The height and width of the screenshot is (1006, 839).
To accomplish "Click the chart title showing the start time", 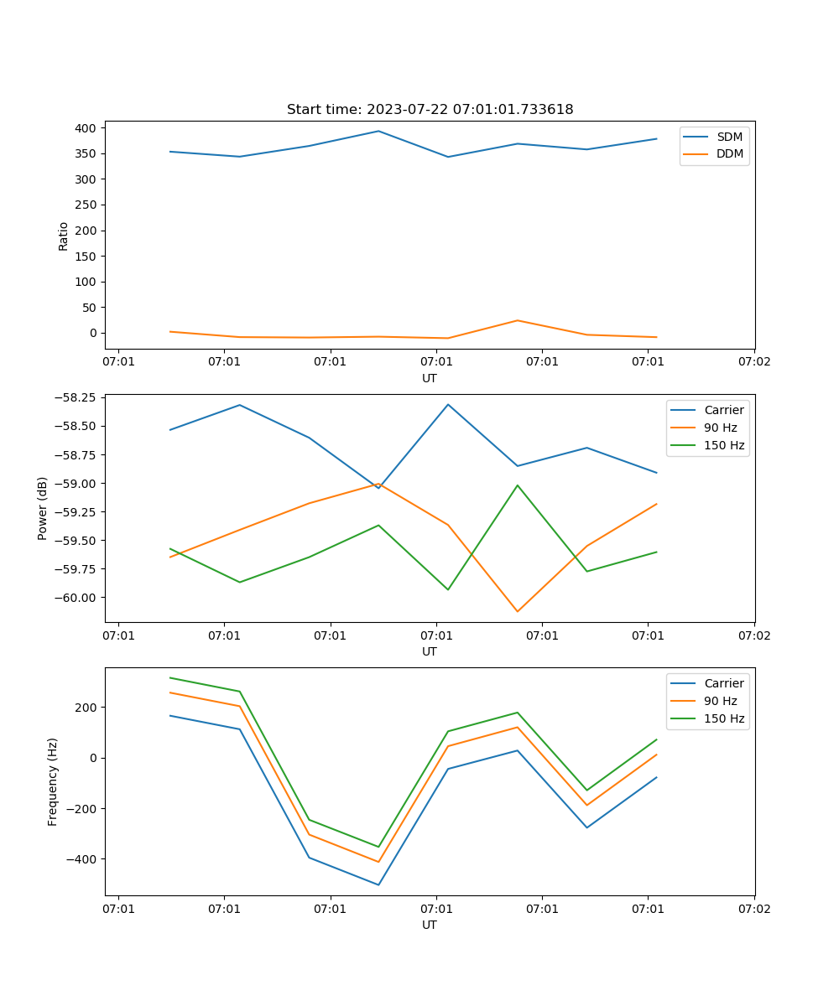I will [430, 110].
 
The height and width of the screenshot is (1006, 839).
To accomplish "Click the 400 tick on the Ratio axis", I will [86, 128].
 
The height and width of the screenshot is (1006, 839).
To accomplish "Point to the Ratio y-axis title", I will [64, 236].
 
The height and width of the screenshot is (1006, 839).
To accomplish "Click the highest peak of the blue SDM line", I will [378, 131].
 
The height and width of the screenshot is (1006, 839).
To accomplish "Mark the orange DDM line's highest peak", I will [517, 320].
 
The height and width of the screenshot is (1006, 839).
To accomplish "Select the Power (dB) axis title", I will [43, 509].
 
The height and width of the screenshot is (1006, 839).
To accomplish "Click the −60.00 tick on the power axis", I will [76, 598].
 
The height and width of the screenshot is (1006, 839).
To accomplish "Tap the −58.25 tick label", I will [76, 397].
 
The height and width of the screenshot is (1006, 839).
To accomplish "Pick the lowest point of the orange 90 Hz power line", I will [517, 611].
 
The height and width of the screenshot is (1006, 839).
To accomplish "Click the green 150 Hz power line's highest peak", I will [517, 485].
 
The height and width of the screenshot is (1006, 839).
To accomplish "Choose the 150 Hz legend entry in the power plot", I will [724, 445].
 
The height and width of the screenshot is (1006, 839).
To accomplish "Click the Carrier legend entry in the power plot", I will [724, 410].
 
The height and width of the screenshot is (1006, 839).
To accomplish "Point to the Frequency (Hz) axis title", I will [53, 782].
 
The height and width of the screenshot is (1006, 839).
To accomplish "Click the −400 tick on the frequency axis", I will [81, 859].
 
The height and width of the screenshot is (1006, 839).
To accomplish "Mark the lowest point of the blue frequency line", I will [378, 884].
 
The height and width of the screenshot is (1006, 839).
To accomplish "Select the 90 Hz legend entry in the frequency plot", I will [721, 701].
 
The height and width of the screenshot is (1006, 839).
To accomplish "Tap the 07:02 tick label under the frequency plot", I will [753, 909].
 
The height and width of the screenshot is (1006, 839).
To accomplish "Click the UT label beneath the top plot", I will [430, 378].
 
